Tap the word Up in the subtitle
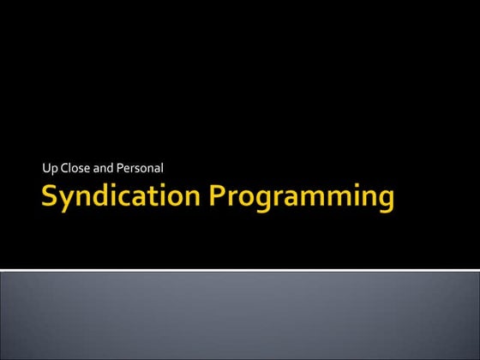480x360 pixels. [35, 167]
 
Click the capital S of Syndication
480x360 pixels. [51, 196]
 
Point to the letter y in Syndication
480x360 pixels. [69, 201]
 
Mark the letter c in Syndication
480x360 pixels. [131, 199]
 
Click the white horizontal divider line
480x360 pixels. [240, 270]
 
